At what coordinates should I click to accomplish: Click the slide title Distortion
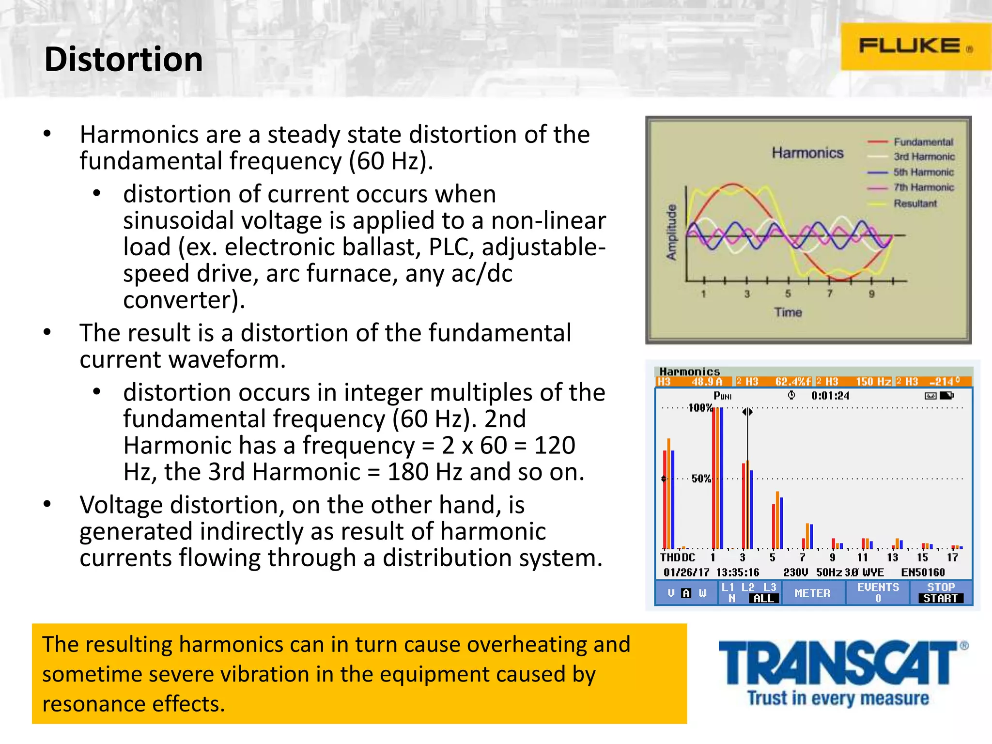pyautogui.click(x=124, y=60)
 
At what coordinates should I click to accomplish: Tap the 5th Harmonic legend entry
pyautogui.click(x=923, y=172)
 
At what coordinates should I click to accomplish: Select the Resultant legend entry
pyautogui.click(x=914, y=203)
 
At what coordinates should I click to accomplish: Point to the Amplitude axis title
pyautogui.click(x=671, y=232)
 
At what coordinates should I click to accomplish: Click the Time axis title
pyautogui.click(x=788, y=312)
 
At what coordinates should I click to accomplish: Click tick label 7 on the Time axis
pyautogui.click(x=829, y=294)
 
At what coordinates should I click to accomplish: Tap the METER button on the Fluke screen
pyautogui.click(x=812, y=593)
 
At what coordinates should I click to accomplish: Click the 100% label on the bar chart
pyautogui.click(x=700, y=408)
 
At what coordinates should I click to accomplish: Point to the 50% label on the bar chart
pyautogui.click(x=701, y=479)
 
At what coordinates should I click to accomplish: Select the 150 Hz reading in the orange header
pyautogui.click(x=873, y=382)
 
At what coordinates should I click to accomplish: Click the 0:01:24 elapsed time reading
pyautogui.click(x=830, y=396)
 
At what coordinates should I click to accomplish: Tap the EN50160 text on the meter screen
pyautogui.click(x=922, y=573)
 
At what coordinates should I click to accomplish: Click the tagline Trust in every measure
pyautogui.click(x=838, y=698)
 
